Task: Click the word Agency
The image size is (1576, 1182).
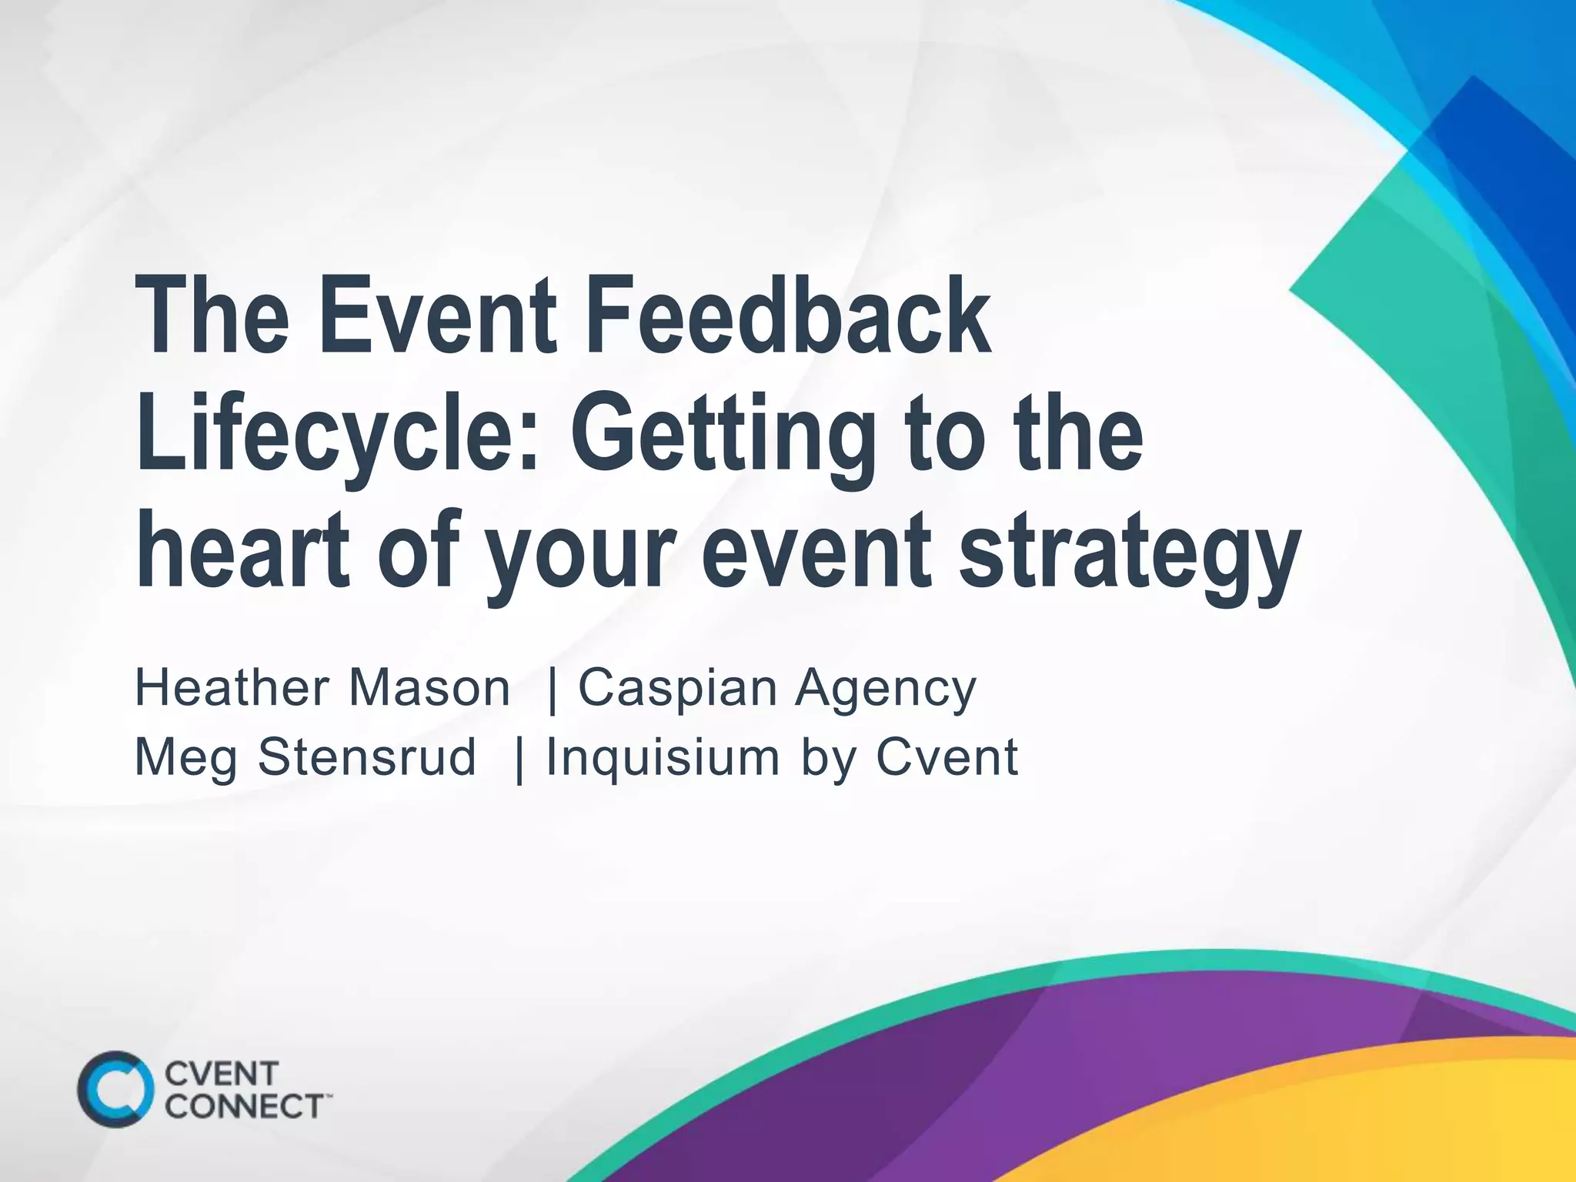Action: pos(885,689)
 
